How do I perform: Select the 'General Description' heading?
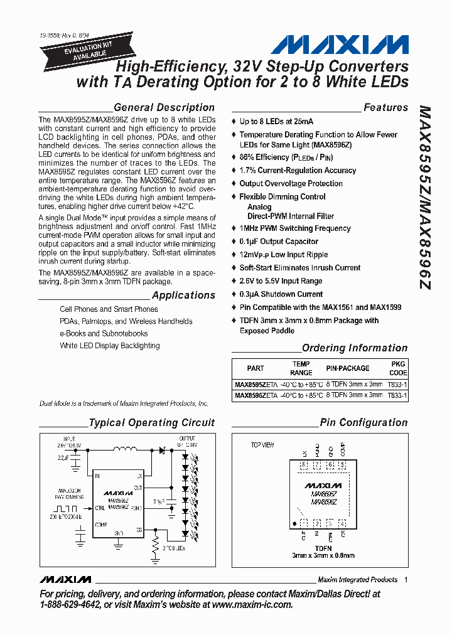coord(164,107)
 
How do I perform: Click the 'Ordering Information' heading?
coord(355,348)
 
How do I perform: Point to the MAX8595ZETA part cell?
coord(256,384)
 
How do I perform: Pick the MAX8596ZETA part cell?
coord(256,396)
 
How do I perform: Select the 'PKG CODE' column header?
coord(398,368)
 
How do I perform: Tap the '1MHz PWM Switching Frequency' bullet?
coord(294,228)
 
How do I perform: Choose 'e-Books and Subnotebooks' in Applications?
coord(104,333)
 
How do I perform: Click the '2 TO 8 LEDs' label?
coord(173,548)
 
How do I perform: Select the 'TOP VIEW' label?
coord(263,445)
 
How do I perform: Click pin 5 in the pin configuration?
coord(342,466)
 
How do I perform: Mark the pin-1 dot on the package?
coord(294,523)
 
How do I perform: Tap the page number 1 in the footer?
coord(406,579)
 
